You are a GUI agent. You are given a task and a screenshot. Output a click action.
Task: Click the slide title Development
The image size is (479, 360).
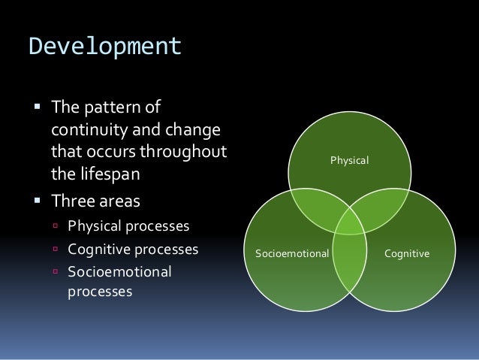(x=105, y=47)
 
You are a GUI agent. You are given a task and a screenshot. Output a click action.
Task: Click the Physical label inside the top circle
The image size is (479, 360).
(x=351, y=159)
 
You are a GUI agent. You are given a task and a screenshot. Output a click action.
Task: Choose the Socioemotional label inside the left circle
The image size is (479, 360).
(x=293, y=254)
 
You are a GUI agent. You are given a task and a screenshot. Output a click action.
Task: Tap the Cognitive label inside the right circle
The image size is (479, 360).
(x=407, y=254)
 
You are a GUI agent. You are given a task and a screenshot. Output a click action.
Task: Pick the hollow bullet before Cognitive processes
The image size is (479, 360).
(x=56, y=249)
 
